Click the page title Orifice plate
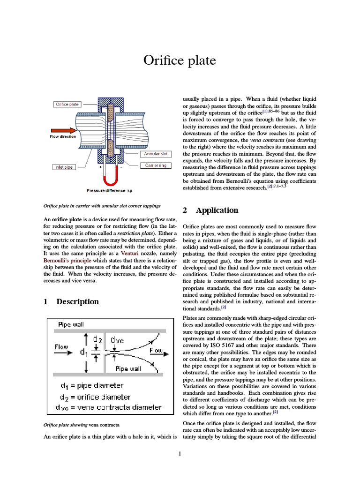[x=180, y=60]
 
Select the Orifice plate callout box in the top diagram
[x=67, y=105]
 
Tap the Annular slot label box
[x=155, y=154]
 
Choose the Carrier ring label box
[x=155, y=165]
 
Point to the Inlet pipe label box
[x=64, y=167]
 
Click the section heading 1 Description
[x=71, y=301]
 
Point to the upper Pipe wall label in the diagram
[x=71, y=324]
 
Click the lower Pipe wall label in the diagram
[x=128, y=369]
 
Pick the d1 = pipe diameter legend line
[x=92, y=386]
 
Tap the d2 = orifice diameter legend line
[x=96, y=397]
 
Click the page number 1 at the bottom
[x=180, y=453]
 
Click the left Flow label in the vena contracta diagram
[x=61, y=347]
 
